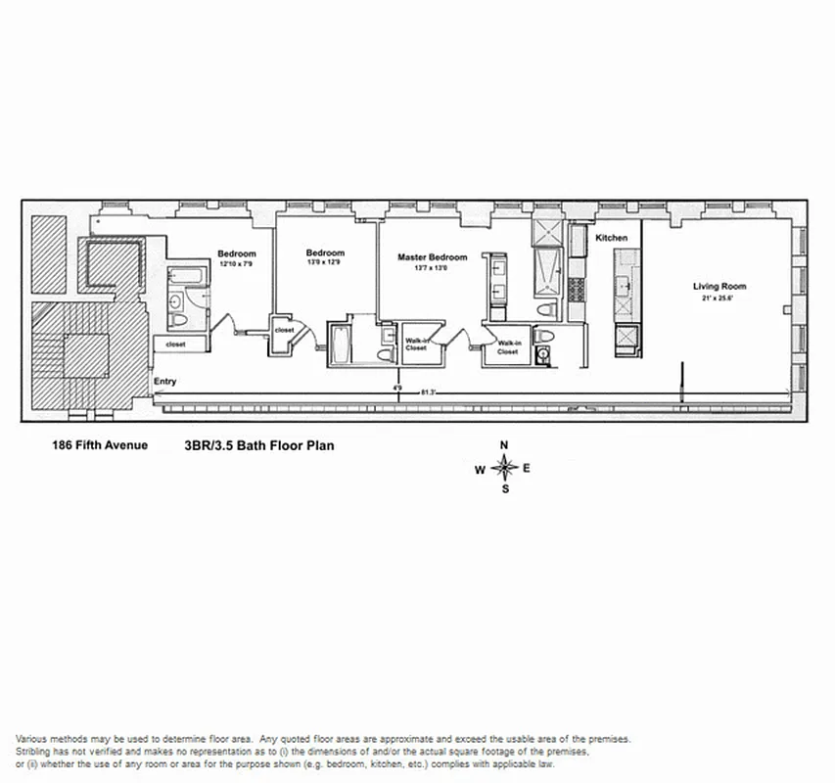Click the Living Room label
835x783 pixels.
(719, 287)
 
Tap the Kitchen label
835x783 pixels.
(612, 238)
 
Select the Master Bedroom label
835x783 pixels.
(432, 257)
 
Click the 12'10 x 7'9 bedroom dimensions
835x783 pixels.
(237, 264)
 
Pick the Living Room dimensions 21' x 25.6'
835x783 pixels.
(719, 298)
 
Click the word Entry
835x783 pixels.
(164, 382)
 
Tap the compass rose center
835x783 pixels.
(505, 467)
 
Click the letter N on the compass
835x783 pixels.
(504, 445)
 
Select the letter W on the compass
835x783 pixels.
(480, 469)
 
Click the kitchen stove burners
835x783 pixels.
(576, 290)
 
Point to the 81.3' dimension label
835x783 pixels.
(428, 392)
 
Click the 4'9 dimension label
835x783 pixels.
(398, 388)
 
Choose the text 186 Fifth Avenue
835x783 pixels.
(100, 445)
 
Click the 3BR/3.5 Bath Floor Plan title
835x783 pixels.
(258, 446)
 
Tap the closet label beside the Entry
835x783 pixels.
(176, 345)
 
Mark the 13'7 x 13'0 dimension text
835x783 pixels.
(432, 268)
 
